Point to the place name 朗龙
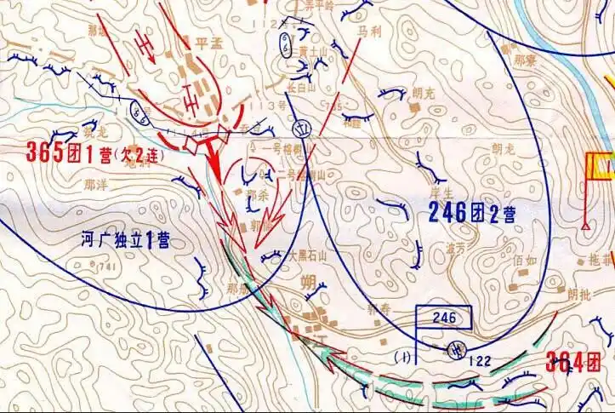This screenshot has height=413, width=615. tap(503, 147)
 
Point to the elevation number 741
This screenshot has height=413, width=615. tap(107, 268)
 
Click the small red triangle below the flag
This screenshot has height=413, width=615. tap(587, 226)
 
